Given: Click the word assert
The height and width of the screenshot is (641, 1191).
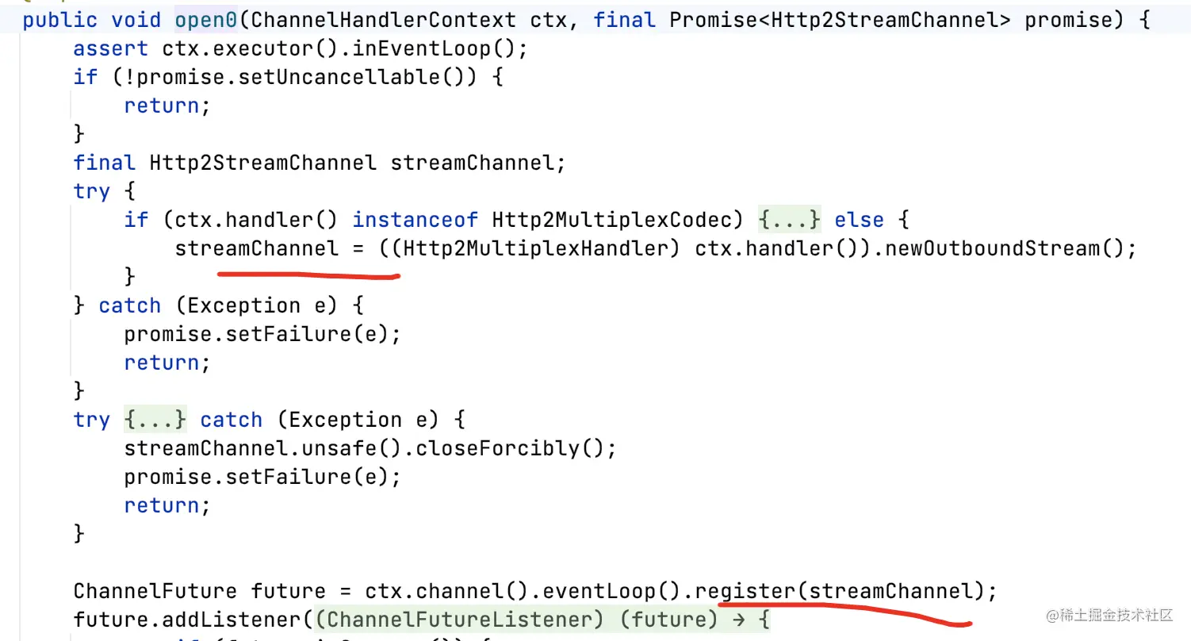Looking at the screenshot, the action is coord(111,48).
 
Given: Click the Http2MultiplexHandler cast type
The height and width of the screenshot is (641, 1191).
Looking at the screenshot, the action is coord(541,248).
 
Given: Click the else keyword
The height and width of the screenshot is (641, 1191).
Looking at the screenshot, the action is coord(859,220).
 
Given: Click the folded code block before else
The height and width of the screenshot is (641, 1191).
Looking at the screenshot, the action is coord(789,220).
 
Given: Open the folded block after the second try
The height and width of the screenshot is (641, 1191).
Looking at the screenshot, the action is coord(155,420).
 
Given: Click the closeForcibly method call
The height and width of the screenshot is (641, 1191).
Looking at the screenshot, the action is coord(503,448).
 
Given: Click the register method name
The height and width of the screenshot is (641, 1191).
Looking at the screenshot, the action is coord(745,591).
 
